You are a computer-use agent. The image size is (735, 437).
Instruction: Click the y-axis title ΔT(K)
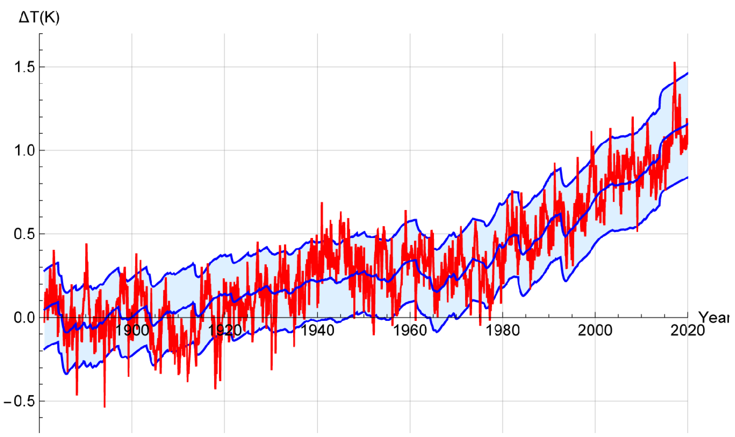[39, 18]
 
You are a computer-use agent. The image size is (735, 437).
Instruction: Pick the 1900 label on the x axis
[132, 330]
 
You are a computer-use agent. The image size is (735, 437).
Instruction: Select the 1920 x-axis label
[225, 330]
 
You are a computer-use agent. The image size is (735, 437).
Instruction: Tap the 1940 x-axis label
[318, 330]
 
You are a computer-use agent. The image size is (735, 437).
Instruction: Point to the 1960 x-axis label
[410, 330]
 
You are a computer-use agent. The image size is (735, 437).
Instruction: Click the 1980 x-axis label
[502, 330]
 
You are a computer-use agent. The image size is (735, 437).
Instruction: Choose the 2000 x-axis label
[595, 330]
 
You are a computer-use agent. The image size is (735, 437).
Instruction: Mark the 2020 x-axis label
[688, 330]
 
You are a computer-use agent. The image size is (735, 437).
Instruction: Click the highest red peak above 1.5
[674, 63]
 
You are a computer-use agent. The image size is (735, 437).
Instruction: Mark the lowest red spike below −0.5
[105, 407]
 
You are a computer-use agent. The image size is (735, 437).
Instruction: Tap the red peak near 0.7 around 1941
[322, 203]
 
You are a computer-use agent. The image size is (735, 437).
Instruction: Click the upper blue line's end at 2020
[688, 73]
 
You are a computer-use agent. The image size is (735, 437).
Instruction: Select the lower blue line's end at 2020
[688, 177]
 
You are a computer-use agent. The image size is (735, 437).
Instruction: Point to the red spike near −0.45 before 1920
[215, 389]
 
